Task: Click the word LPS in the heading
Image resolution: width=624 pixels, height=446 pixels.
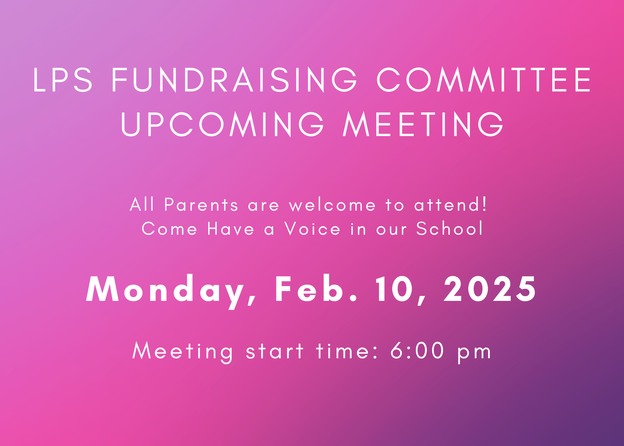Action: (63, 80)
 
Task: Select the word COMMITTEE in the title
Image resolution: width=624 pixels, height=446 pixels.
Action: (484, 80)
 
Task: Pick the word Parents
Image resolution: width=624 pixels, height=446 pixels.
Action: (201, 205)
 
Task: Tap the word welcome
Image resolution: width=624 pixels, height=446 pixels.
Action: (333, 205)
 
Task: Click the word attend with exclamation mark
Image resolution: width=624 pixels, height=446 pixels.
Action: (451, 205)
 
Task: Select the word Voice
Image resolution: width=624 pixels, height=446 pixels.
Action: (312, 229)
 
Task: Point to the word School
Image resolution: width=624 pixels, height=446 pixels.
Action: (450, 229)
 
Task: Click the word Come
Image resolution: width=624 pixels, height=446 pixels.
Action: (169, 229)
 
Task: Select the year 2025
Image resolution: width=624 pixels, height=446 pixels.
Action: (490, 289)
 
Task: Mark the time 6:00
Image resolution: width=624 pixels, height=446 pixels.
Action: (417, 351)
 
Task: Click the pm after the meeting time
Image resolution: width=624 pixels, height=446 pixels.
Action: (475, 353)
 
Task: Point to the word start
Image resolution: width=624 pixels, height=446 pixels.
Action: (275, 351)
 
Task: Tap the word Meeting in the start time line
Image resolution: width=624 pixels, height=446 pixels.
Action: (183, 351)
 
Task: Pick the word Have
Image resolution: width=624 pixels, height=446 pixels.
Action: (231, 229)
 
